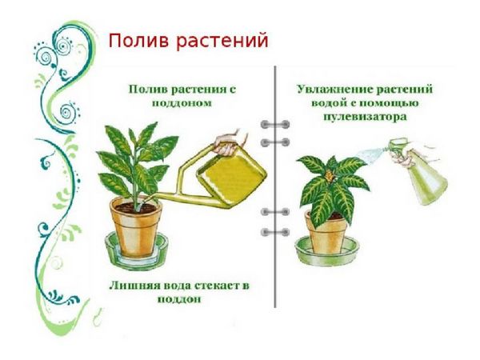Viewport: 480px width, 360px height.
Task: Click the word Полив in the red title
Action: click(x=138, y=41)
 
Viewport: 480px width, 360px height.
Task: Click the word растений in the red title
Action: click(x=222, y=42)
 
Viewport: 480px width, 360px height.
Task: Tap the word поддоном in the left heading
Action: click(x=182, y=103)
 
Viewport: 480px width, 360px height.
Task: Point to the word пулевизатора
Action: click(x=366, y=117)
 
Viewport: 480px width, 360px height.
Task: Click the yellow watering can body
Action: click(x=232, y=175)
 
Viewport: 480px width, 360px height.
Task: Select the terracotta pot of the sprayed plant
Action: click(x=327, y=233)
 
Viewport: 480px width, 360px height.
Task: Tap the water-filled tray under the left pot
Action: click(x=137, y=252)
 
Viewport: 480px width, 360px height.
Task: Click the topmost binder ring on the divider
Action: click(x=275, y=125)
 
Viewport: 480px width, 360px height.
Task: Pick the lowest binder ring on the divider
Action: click(x=275, y=232)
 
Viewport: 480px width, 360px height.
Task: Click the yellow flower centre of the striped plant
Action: click(x=329, y=176)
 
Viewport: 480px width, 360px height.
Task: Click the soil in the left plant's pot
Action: click(x=136, y=209)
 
